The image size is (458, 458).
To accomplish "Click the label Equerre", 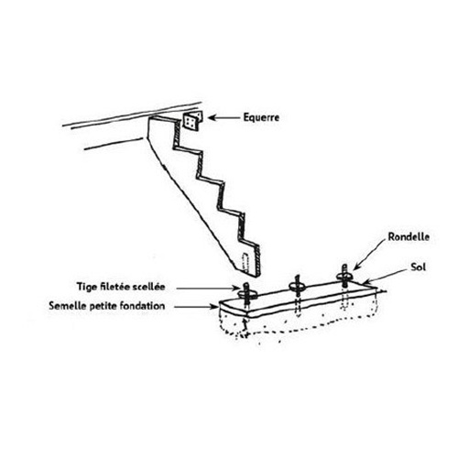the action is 261,117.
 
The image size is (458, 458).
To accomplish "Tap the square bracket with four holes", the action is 191,121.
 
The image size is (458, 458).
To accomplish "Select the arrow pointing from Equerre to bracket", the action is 224,118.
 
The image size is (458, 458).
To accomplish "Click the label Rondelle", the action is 409,237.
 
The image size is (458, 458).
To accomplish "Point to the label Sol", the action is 418,267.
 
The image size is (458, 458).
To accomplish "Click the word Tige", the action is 85,287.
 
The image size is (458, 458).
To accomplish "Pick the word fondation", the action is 142,306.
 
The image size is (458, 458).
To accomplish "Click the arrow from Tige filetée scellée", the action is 209,288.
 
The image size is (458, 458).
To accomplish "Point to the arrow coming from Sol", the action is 386,276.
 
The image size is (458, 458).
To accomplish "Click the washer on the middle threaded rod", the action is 297,287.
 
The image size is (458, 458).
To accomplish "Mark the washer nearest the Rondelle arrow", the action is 344,277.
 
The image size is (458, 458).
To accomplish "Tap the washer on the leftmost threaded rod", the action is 247,294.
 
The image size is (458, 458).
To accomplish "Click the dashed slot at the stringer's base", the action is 245,262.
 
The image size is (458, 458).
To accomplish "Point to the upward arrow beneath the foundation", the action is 244,327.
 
